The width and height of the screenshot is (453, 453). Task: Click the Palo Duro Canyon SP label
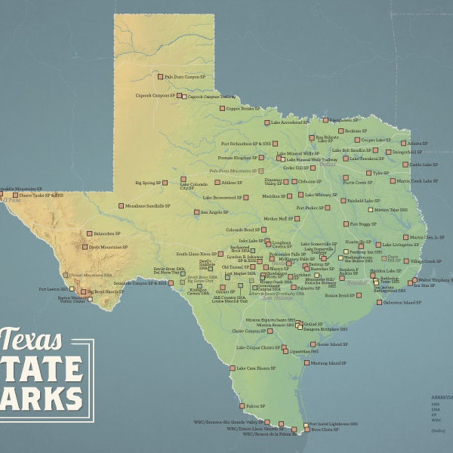pos(186,76)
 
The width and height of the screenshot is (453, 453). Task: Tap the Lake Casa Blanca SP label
pos(254,368)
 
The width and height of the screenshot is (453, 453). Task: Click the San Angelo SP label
pos(214,212)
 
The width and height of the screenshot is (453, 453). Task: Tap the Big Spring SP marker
pos(160,183)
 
